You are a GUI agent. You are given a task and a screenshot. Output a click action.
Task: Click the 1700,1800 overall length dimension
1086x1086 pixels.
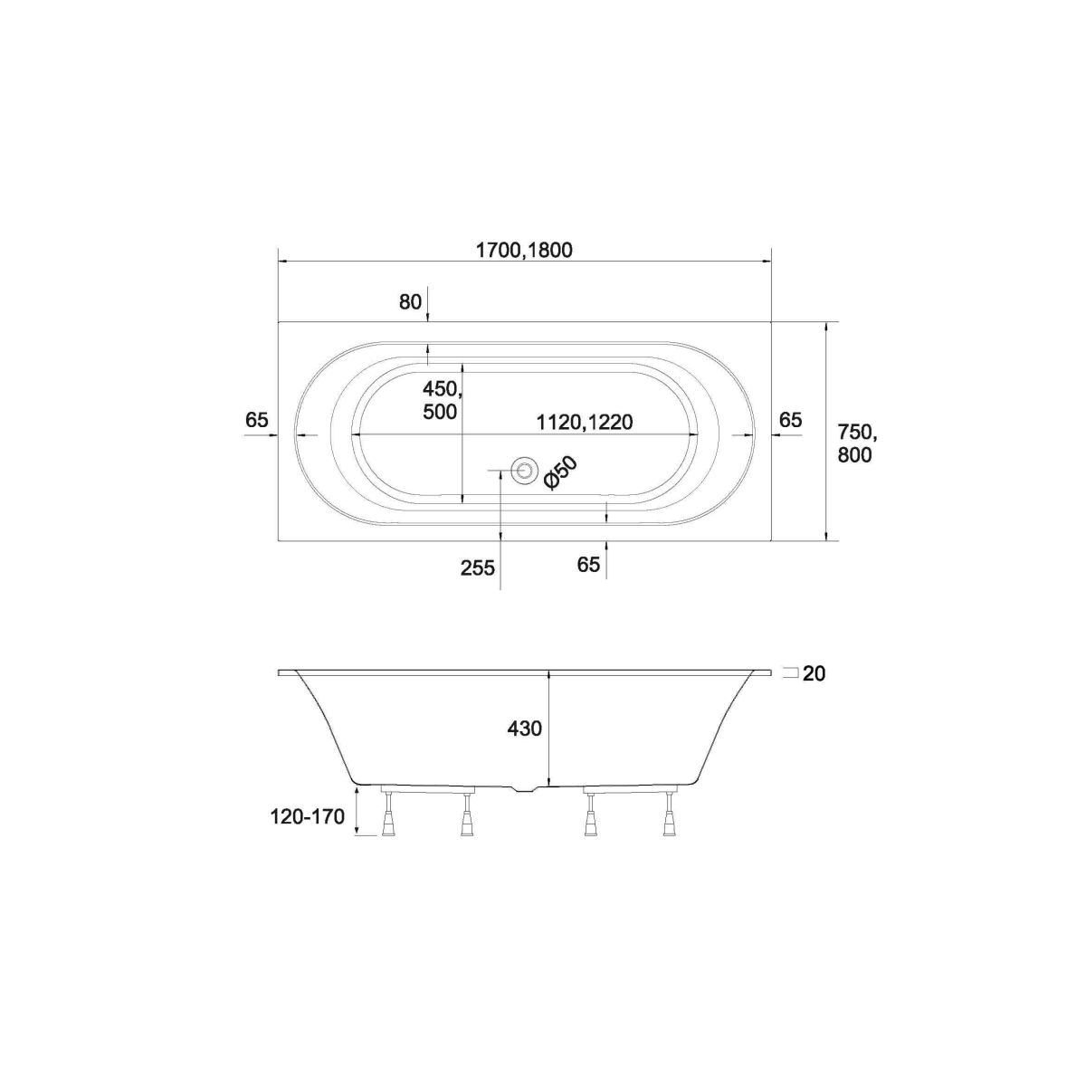[x=524, y=250]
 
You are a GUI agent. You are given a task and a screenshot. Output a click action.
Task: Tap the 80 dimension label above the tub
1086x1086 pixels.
[x=410, y=302]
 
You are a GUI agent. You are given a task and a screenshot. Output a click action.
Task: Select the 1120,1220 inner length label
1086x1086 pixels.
[x=585, y=422]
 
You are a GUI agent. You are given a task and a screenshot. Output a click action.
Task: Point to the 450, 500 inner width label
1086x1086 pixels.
[x=443, y=400]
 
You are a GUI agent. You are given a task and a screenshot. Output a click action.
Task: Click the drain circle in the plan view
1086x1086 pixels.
[x=524, y=470]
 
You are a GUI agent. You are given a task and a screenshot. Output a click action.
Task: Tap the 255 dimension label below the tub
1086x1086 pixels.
[x=477, y=568]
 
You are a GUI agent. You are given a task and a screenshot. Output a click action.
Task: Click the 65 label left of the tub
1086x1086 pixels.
[x=256, y=420]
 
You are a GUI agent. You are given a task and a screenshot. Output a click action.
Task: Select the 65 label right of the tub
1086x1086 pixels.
[x=790, y=420]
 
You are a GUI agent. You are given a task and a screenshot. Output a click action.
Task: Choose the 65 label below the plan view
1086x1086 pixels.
[x=588, y=565]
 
